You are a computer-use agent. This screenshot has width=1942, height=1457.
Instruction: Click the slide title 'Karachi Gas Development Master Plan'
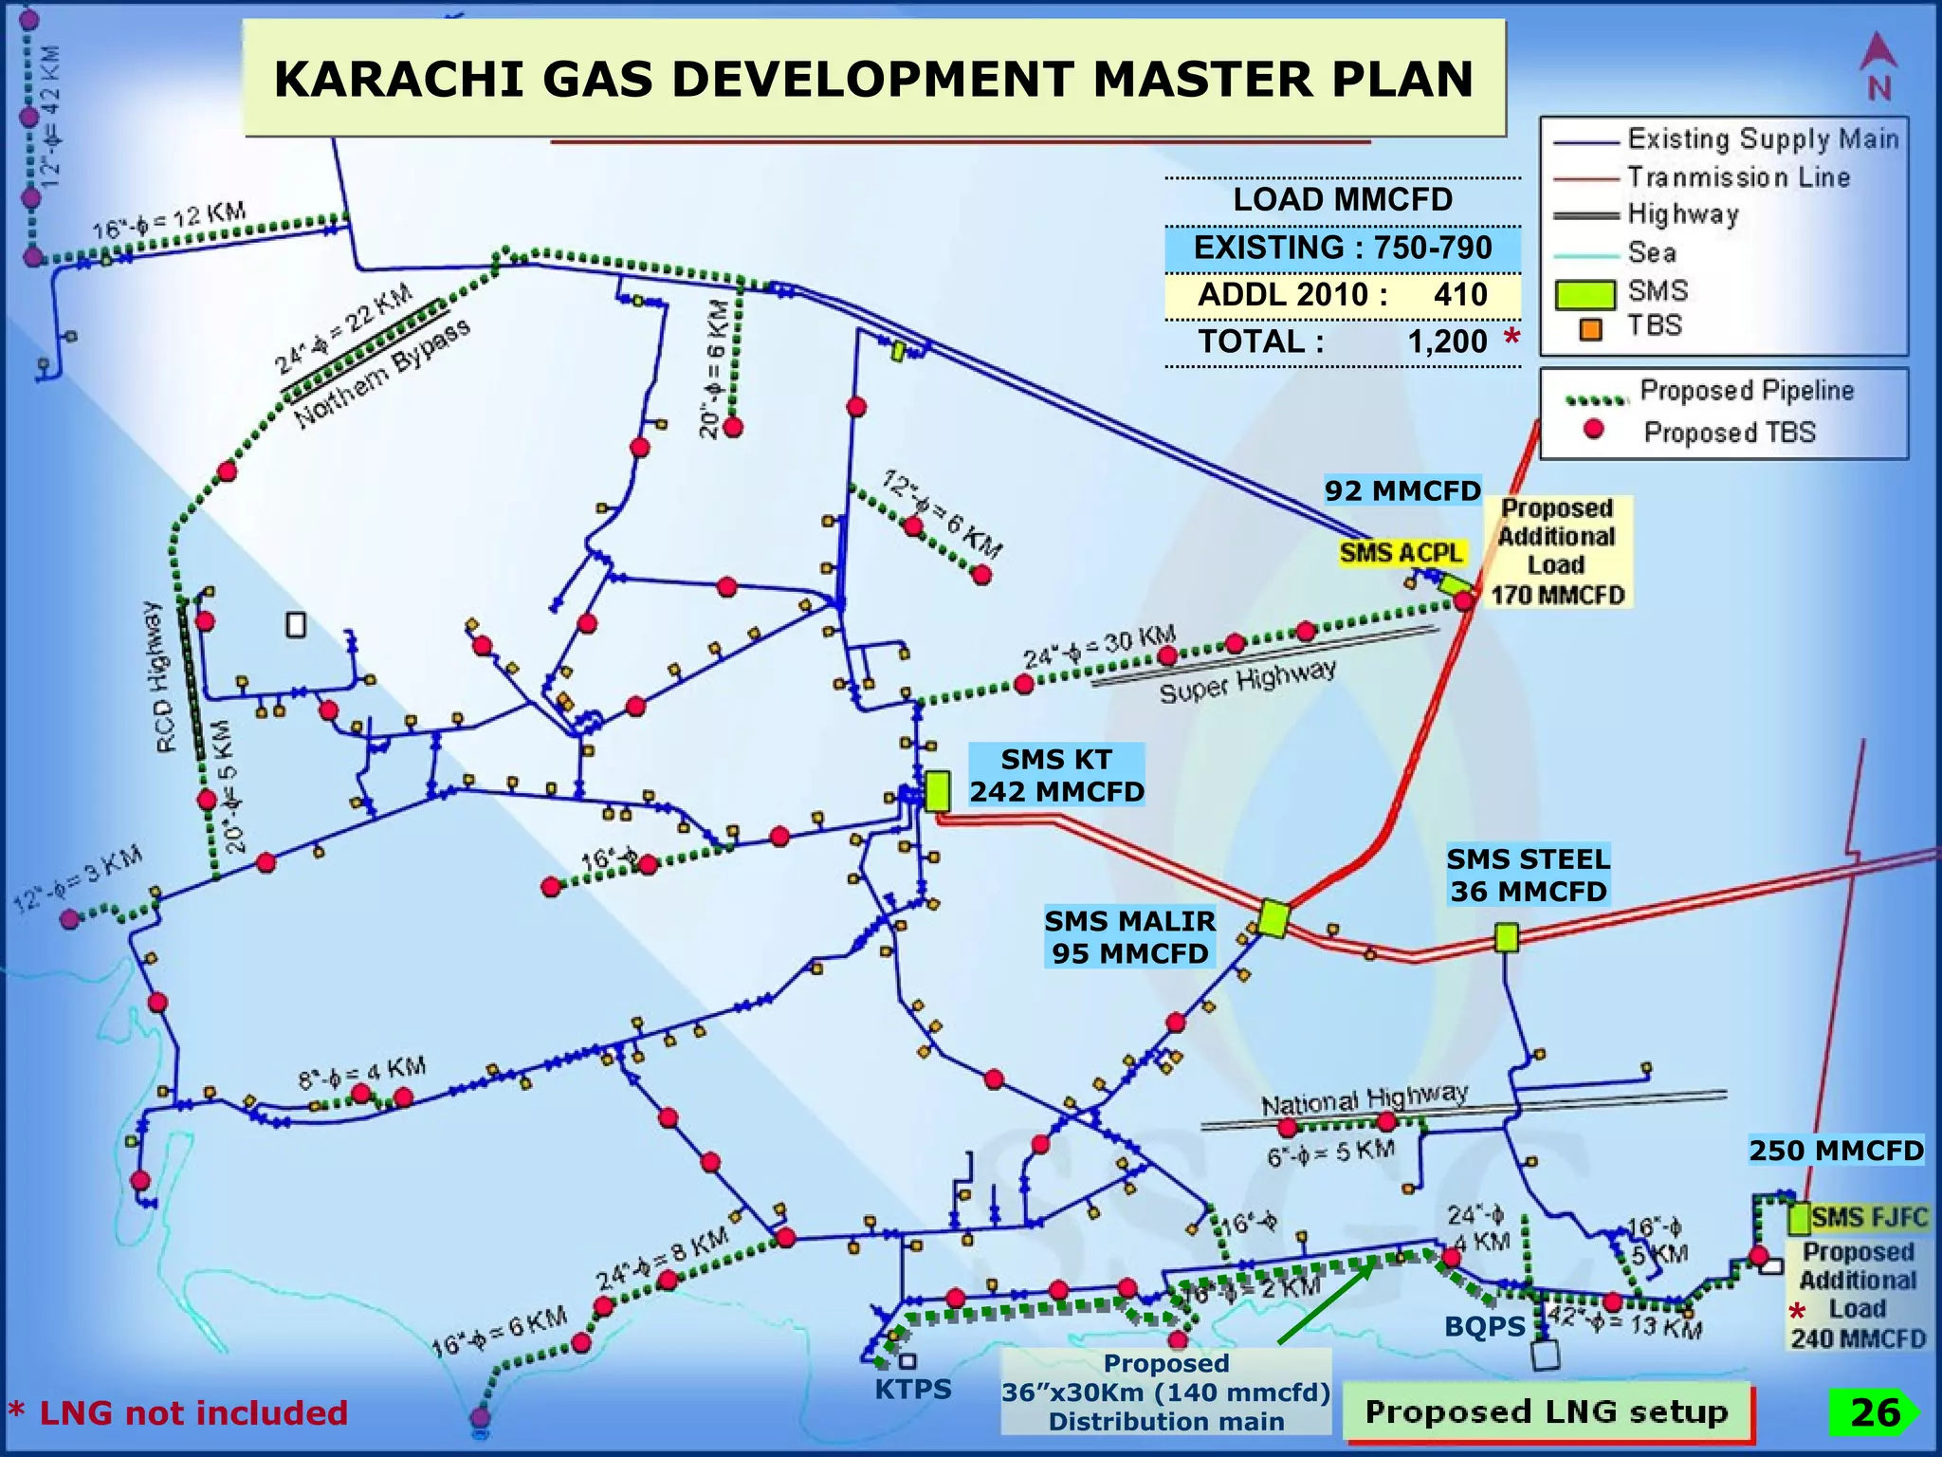(x=873, y=79)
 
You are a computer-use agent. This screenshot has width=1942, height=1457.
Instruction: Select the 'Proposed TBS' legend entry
(x=1729, y=433)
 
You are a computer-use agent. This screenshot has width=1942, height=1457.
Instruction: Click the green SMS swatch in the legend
(x=1585, y=294)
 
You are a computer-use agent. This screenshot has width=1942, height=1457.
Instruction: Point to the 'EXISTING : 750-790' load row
(x=1342, y=249)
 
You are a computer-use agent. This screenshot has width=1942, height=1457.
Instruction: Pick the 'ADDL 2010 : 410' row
(x=1342, y=295)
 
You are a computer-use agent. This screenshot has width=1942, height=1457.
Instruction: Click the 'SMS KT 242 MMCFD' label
(x=1056, y=775)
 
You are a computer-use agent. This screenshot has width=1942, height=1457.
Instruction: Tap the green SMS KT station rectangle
(x=937, y=790)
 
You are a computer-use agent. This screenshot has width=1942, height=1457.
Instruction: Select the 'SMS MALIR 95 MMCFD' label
(x=1129, y=937)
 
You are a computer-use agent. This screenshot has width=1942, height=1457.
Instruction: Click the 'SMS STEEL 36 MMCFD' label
(x=1528, y=875)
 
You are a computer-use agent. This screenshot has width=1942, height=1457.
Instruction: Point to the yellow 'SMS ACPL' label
(x=1402, y=552)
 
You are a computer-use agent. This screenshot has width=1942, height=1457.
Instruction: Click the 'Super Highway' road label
(x=1248, y=682)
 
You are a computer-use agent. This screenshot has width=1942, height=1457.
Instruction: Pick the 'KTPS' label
(x=912, y=1390)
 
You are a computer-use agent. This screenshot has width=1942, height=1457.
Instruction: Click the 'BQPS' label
(x=1484, y=1327)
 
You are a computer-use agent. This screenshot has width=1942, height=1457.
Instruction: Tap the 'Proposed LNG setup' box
(x=1546, y=1411)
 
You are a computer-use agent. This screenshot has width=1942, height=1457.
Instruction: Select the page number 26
(x=1875, y=1412)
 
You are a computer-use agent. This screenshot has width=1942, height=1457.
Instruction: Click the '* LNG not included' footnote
(x=178, y=1413)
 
